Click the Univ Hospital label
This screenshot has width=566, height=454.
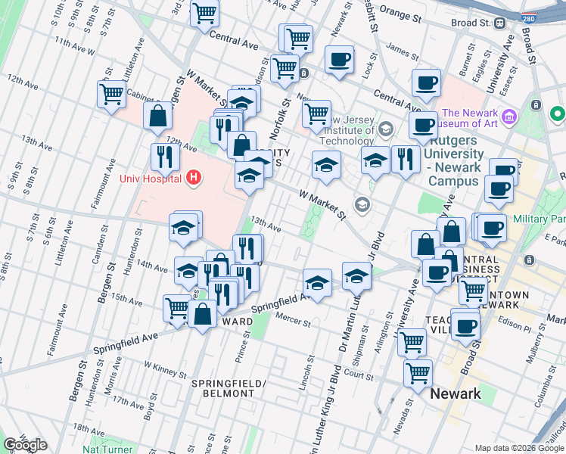pos(151,179)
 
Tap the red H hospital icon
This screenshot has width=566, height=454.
pos(194,179)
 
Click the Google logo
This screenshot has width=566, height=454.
pos(26,444)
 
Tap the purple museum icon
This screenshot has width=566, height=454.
pos(509,117)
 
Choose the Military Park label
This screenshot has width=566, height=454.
pos(540,218)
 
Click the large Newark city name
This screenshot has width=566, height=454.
pos(456,394)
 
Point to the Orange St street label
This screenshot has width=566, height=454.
pos(400,16)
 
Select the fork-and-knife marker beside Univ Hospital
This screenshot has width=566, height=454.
pos(163,157)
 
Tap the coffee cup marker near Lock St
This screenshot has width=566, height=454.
pos(340,59)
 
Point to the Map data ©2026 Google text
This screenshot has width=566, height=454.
pos(518,448)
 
